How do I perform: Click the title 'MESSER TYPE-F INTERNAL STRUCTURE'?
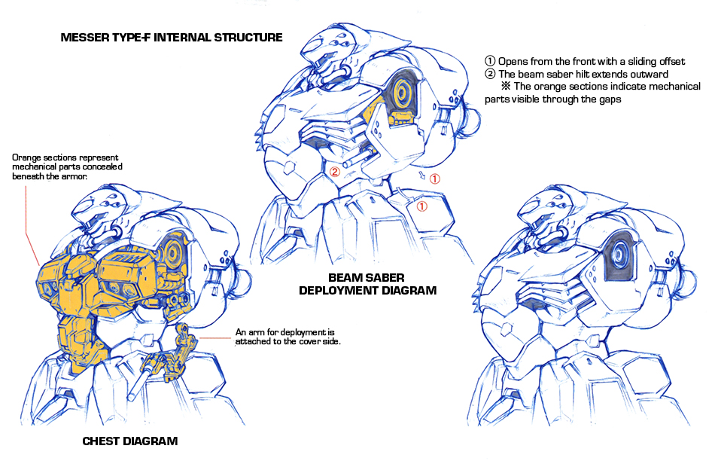[172, 38]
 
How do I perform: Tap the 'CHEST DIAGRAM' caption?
[130, 441]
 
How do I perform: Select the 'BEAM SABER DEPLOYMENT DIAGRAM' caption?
[367, 284]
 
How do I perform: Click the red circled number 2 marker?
[335, 172]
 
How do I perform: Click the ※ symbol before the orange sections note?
[506, 86]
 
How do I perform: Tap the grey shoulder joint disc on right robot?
[619, 254]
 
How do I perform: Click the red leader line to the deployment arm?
[214, 338]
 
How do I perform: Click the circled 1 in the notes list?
[490, 61]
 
